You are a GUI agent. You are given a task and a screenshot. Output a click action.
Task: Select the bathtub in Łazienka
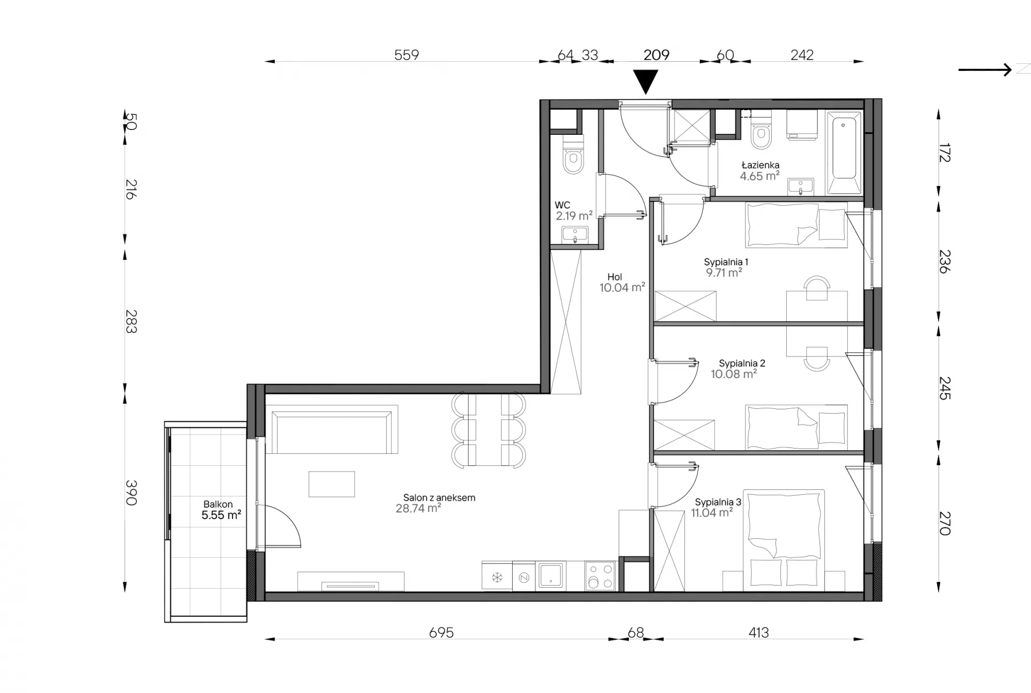click(x=844, y=152)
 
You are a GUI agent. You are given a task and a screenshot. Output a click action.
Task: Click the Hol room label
click(x=615, y=277)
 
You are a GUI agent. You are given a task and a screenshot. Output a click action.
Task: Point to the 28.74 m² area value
click(x=418, y=508)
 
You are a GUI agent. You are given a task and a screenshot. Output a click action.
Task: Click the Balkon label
click(x=218, y=504)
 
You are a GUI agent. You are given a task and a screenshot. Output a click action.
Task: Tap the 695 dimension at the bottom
click(x=441, y=633)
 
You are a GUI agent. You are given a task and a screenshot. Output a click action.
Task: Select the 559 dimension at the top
click(x=406, y=55)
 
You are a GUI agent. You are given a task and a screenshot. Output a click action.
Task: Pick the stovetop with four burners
click(x=600, y=576)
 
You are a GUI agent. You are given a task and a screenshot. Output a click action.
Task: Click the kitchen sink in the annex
click(x=550, y=575)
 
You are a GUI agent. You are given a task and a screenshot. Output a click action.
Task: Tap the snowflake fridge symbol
click(x=497, y=577)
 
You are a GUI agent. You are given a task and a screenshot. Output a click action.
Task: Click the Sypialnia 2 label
click(x=742, y=364)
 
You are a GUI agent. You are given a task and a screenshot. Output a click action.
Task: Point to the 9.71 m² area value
click(x=724, y=272)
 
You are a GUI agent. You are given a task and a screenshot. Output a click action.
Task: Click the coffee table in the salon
click(x=332, y=483)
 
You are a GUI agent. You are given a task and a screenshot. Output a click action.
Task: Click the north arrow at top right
click(x=985, y=70)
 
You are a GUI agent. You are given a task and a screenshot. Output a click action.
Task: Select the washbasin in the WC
click(x=575, y=235)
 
